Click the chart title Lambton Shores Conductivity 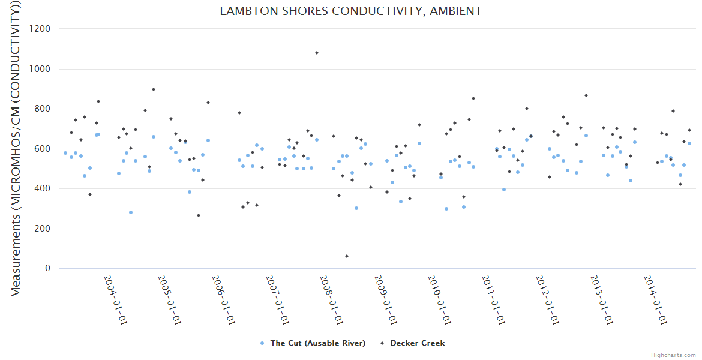coord(351,11)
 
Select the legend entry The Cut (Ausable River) coord(317,343)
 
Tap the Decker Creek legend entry coord(417,343)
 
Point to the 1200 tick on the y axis coord(40,29)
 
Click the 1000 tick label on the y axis coord(40,69)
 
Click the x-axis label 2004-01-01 coord(116,300)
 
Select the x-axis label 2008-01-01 coord(332,300)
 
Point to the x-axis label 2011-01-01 coord(494,300)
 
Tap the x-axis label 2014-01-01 coord(656,300)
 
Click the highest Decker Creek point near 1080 coord(317,53)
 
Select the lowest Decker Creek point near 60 coord(347,256)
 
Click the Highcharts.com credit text coord(673,355)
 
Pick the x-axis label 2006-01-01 coord(224,300)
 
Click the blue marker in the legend coord(262,343)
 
